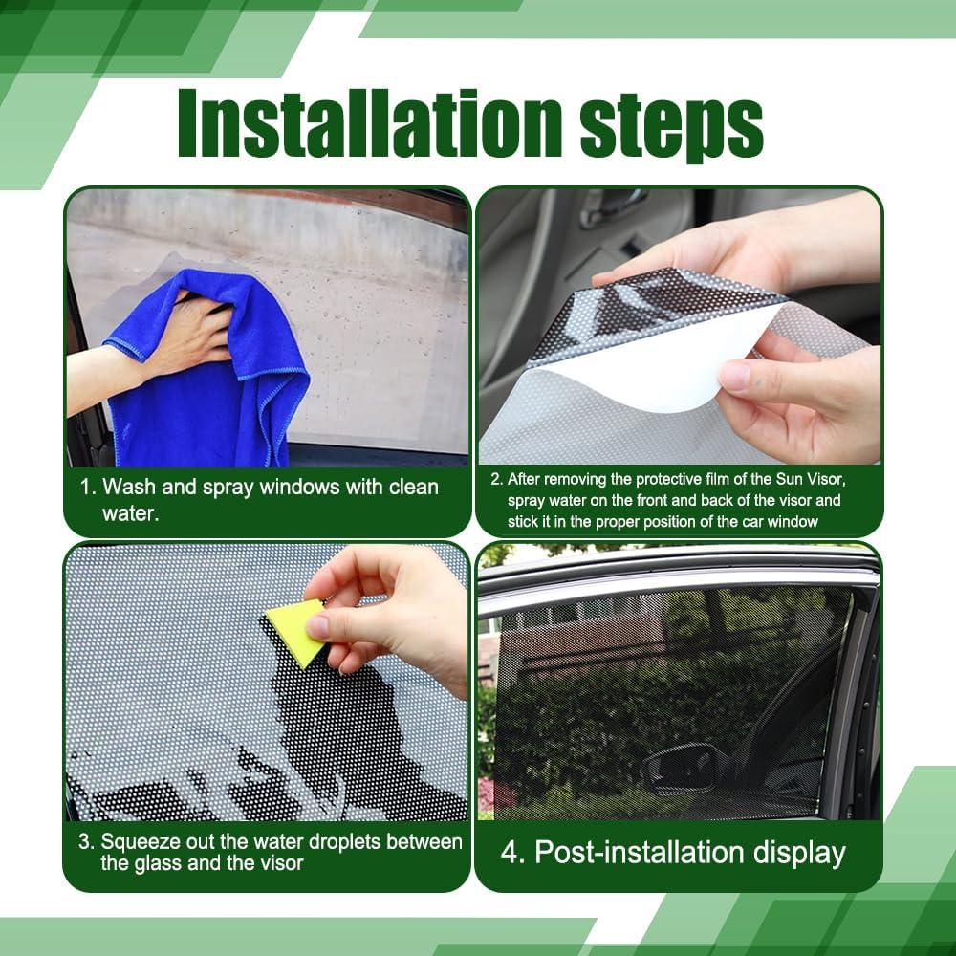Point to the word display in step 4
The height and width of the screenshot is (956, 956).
tap(804, 853)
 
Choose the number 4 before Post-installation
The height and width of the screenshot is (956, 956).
tap(511, 853)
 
